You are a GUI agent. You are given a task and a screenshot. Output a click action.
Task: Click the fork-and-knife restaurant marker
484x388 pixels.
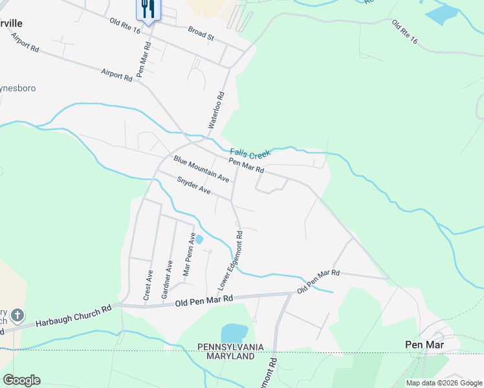(x=148, y=9)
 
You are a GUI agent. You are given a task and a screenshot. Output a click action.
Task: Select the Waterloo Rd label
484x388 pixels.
(x=218, y=112)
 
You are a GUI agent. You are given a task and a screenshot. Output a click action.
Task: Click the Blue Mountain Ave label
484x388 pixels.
(x=201, y=168)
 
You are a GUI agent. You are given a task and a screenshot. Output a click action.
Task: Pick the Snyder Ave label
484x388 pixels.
(x=194, y=186)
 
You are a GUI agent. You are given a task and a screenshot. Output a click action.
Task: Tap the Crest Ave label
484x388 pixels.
(x=148, y=285)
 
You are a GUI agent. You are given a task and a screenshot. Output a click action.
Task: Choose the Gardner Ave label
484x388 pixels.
(x=167, y=279)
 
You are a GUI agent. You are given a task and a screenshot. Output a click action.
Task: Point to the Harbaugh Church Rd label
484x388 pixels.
(x=73, y=315)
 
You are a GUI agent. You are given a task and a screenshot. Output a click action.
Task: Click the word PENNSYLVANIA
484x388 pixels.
(x=231, y=347)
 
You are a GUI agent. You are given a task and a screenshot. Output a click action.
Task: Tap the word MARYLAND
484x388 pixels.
(x=231, y=356)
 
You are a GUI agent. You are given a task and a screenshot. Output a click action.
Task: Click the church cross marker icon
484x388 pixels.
(x=17, y=316)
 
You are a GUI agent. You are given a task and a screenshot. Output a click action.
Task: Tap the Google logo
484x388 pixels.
(x=21, y=380)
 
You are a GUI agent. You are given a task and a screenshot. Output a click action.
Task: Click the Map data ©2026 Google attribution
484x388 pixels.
(x=444, y=383)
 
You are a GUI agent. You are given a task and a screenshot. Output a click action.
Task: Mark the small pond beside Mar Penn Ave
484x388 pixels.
(x=199, y=239)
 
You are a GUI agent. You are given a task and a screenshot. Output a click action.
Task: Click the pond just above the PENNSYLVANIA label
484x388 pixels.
(x=234, y=333)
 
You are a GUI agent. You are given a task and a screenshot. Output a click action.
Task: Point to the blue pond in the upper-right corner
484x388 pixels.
(x=443, y=14)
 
